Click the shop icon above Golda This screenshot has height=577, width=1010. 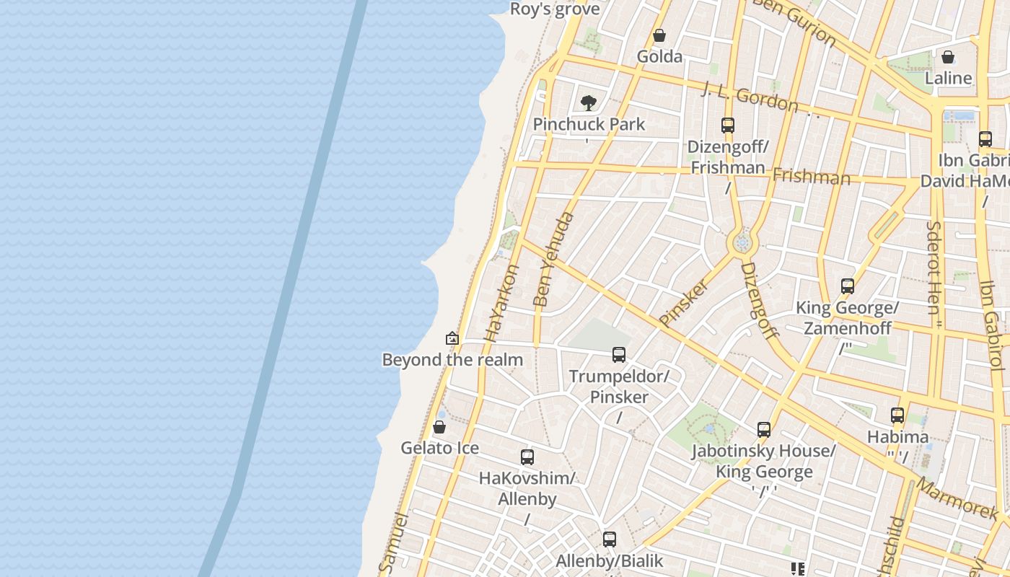tap(659, 35)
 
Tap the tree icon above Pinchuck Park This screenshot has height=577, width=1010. tap(589, 103)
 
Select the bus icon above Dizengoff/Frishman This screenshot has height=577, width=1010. tap(727, 125)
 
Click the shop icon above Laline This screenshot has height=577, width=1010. tap(948, 57)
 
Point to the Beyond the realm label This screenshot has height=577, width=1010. tap(452, 359)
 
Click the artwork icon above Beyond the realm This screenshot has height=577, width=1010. tap(452, 338)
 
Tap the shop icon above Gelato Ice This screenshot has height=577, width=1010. tap(439, 427)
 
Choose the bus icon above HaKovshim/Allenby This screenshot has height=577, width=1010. tap(527, 457)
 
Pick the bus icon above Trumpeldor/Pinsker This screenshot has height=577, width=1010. tap(619, 355)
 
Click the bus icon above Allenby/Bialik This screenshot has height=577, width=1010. tap(610, 539)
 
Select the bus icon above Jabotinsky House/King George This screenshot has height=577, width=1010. tap(764, 430)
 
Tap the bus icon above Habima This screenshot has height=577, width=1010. tap(897, 415)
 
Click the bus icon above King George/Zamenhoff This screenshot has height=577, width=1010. tap(848, 287)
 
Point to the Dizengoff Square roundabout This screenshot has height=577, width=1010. tap(742, 243)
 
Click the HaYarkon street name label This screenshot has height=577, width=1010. tap(502, 303)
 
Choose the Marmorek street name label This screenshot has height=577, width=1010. tap(959, 497)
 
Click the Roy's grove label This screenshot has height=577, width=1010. tap(555, 9)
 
